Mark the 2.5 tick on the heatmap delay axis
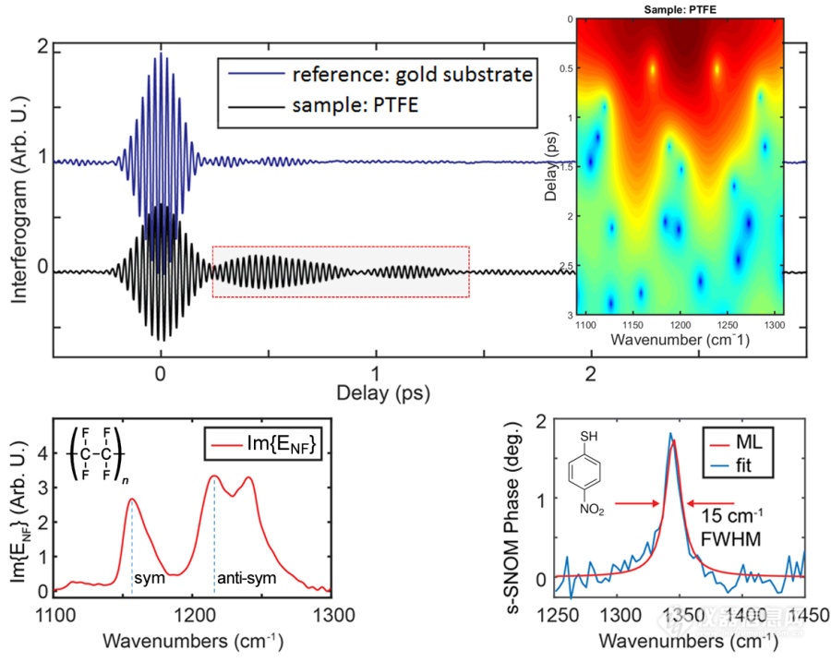558,265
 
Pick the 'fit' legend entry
753,467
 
